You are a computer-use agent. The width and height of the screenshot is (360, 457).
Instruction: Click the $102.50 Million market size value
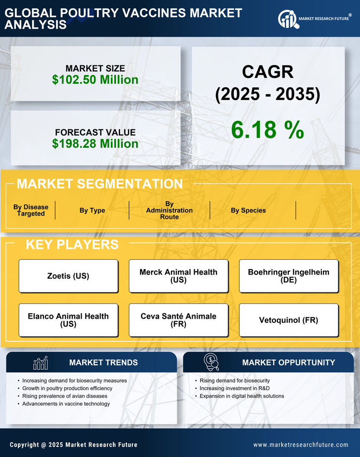tap(95, 79)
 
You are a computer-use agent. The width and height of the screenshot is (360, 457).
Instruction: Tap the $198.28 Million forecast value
tap(95, 144)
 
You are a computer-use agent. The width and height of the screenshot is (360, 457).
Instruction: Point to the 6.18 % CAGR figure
tap(267, 130)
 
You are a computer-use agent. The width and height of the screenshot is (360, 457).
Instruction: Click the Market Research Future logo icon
tap(288, 19)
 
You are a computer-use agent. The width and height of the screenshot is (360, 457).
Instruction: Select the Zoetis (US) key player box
tap(68, 276)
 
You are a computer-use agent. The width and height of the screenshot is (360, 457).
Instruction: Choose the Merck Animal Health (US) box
tap(178, 276)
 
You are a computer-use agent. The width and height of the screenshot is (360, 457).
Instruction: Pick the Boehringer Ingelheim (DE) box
tap(289, 276)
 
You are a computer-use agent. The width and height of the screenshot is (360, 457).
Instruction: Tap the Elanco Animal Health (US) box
tap(68, 320)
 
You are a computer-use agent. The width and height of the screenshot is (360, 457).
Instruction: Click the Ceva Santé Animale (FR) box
tap(178, 320)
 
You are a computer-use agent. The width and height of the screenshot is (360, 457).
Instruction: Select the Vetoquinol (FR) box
tap(289, 320)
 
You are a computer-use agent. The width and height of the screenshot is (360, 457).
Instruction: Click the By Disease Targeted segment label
tap(31, 210)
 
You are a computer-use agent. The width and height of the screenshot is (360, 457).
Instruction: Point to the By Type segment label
tap(92, 210)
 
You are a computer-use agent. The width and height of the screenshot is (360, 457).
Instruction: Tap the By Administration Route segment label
tap(169, 210)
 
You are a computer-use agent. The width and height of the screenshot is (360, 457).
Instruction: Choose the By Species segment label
tap(248, 210)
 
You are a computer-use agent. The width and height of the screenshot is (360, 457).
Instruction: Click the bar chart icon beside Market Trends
tap(40, 363)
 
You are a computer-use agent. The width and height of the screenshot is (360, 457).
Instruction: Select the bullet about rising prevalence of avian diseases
tap(65, 396)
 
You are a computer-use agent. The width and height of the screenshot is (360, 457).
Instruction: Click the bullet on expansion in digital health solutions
tap(242, 396)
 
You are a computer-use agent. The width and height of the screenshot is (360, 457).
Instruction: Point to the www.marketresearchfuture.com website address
tap(301, 445)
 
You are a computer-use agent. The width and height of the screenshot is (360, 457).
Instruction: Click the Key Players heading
tap(72, 244)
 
